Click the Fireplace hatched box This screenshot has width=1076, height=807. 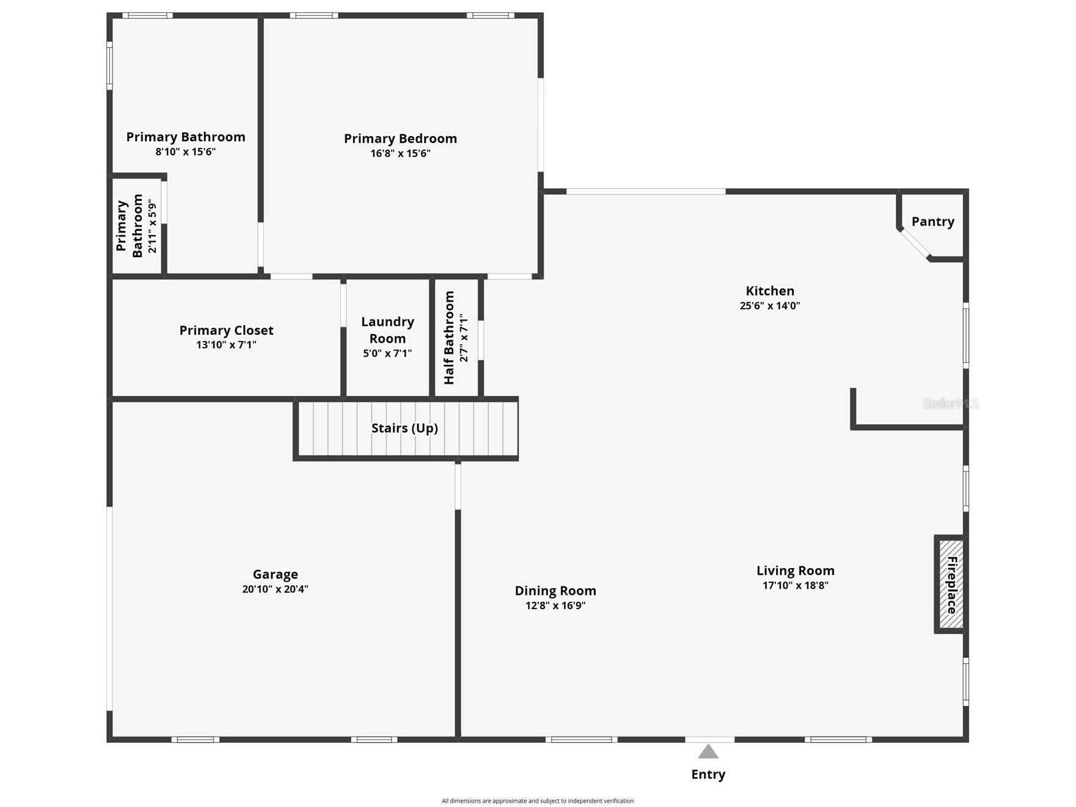pyautogui.click(x=950, y=584)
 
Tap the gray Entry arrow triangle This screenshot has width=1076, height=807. pyautogui.click(x=708, y=751)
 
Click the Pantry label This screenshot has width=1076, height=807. pyautogui.click(x=932, y=222)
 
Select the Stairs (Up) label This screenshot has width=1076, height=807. pyautogui.click(x=404, y=428)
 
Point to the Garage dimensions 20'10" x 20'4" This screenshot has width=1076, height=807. pyautogui.click(x=275, y=590)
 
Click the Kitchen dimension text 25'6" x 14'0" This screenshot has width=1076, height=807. pyautogui.click(x=770, y=306)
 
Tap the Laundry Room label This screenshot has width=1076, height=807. pyautogui.click(x=387, y=330)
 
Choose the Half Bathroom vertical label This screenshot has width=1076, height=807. pyautogui.click(x=449, y=338)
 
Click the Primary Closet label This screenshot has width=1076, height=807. pyautogui.click(x=226, y=330)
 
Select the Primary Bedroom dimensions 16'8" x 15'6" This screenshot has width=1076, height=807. pyautogui.click(x=400, y=153)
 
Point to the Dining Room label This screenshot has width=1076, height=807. pyautogui.click(x=555, y=591)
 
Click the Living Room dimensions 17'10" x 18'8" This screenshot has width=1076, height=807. pyautogui.click(x=796, y=585)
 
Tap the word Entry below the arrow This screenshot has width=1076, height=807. pyautogui.click(x=708, y=775)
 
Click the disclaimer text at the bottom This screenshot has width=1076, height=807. pyautogui.click(x=538, y=801)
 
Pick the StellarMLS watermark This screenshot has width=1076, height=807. pyautogui.click(x=951, y=404)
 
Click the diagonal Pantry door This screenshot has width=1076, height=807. pyautogui.click(x=915, y=244)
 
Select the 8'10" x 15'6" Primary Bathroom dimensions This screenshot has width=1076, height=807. pyautogui.click(x=186, y=152)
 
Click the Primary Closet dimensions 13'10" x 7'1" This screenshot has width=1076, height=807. pyautogui.click(x=226, y=345)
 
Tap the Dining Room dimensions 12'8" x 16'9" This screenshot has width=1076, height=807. pyautogui.click(x=555, y=606)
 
